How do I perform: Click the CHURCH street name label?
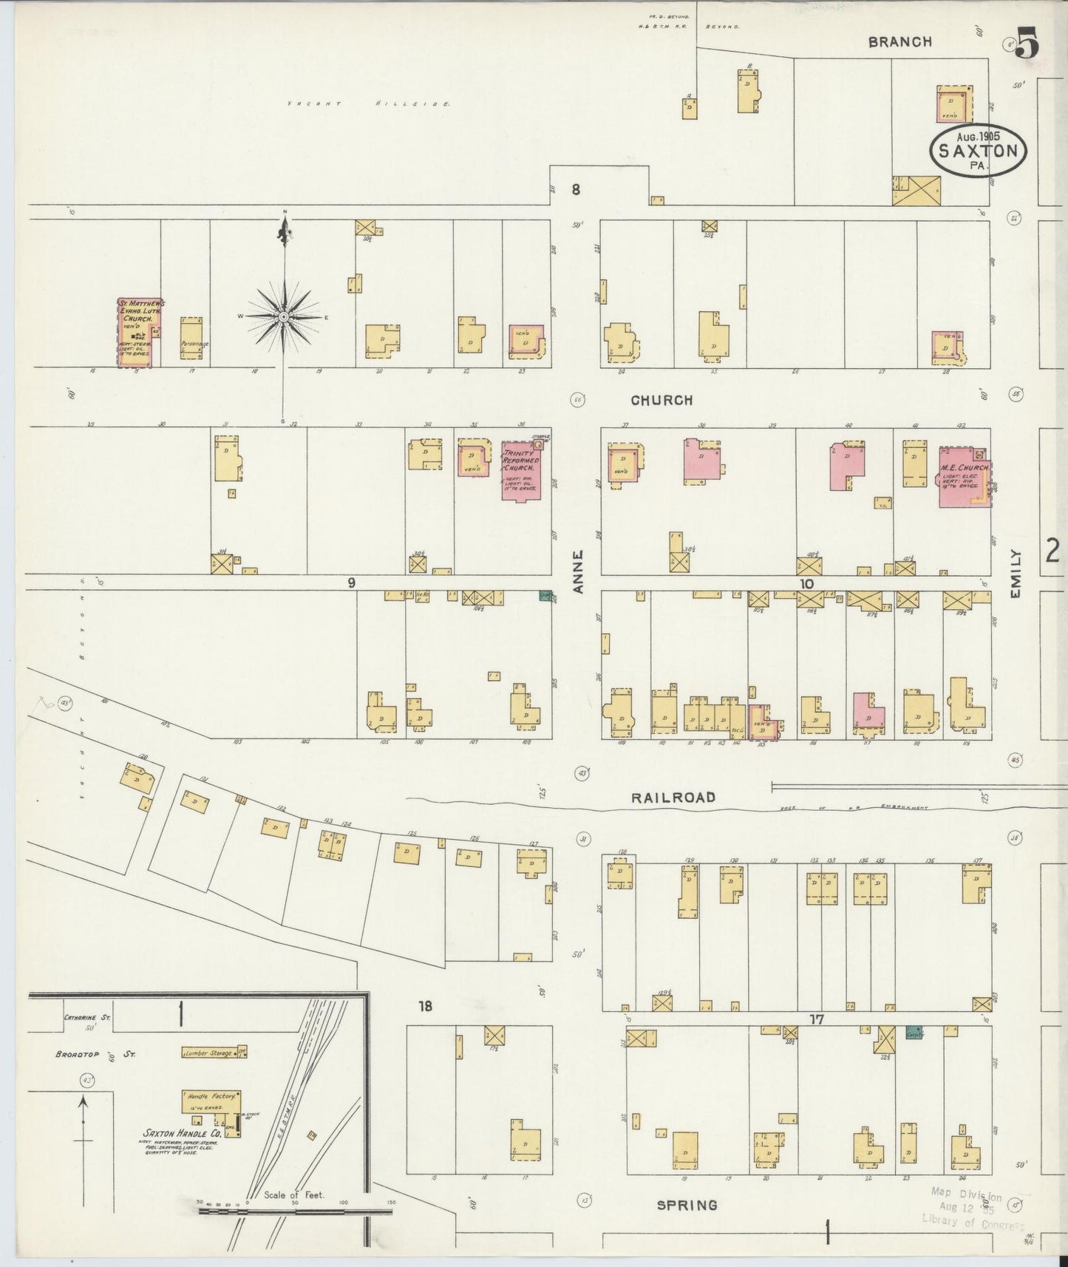[x=661, y=400]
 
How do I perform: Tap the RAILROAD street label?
[x=673, y=797]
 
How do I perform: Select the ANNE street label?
[x=579, y=571]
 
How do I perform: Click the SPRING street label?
[x=687, y=1205]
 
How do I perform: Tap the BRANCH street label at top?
[x=899, y=42]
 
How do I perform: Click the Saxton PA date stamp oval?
[x=978, y=150]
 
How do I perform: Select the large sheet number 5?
[x=1027, y=44]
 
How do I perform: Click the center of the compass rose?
[x=284, y=316]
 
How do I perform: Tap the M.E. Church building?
[x=962, y=477]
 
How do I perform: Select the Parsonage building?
[x=191, y=339]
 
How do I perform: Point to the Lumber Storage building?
[x=209, y=1053]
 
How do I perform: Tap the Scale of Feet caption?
[x=294, y=1195]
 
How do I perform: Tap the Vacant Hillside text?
[x=369, y=104]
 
